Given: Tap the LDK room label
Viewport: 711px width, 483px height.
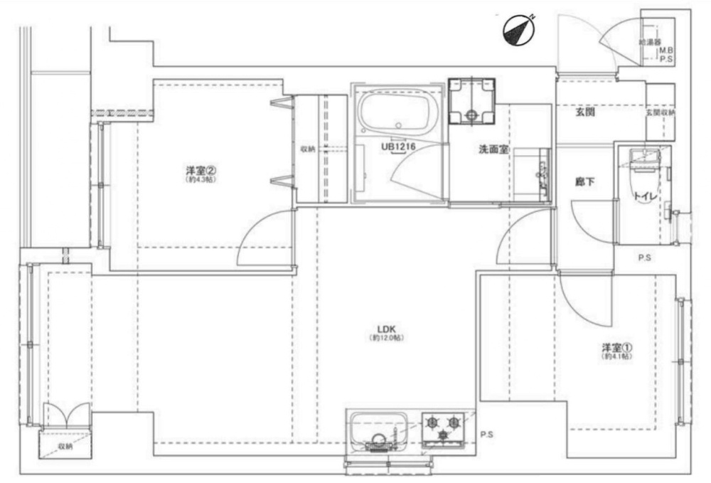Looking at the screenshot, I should tap(386, 329).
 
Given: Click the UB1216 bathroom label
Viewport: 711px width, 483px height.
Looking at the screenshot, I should tap(397, 147).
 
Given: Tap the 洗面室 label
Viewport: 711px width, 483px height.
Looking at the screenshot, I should tap(492, 150).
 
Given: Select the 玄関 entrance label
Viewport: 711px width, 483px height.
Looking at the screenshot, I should tap(585, 113).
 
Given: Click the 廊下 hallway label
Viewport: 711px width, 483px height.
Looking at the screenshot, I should tap(585, 181).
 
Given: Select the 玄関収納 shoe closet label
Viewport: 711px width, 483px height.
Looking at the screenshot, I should tap(661, 113).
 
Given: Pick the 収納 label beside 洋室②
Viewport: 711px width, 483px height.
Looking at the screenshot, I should tap(307, 149).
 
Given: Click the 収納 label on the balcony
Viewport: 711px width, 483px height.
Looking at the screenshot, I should tap(66, 447).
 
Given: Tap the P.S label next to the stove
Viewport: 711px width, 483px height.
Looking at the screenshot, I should tap(486, 434).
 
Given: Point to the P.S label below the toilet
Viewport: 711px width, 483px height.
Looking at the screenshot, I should tap(644, 258).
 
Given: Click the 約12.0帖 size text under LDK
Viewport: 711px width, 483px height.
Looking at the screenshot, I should tap(386, 339).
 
